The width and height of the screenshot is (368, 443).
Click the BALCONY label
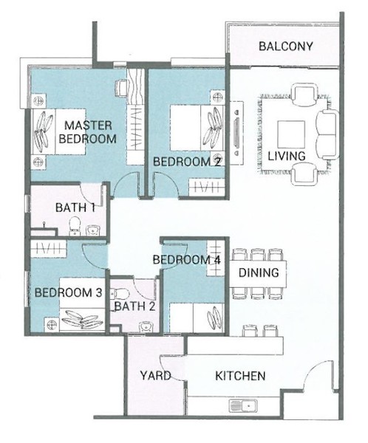pos(286,47)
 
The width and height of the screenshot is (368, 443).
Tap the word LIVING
pos(287,156)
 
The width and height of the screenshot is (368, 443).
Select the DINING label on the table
pos(259,272)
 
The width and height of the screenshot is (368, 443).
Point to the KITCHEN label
pos(240,376)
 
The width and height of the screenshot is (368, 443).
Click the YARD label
pos(155,376)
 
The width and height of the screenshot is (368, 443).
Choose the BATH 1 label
pos(75,207)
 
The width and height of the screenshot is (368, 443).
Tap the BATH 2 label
pos(135,306)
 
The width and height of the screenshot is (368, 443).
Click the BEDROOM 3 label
pos(68,292)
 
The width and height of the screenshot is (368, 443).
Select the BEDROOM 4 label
pos(186,260)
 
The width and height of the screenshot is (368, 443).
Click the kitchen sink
pos(243,406)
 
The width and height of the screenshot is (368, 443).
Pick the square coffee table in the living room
pos(291,134)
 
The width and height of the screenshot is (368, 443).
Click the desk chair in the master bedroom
pos(121,89)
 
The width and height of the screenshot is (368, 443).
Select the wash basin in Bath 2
pos(146,327)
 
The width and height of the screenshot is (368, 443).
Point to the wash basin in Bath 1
pos(92,230)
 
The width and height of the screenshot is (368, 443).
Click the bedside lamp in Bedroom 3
pos(51,324)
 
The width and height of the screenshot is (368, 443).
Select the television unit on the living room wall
pos(236,133)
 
